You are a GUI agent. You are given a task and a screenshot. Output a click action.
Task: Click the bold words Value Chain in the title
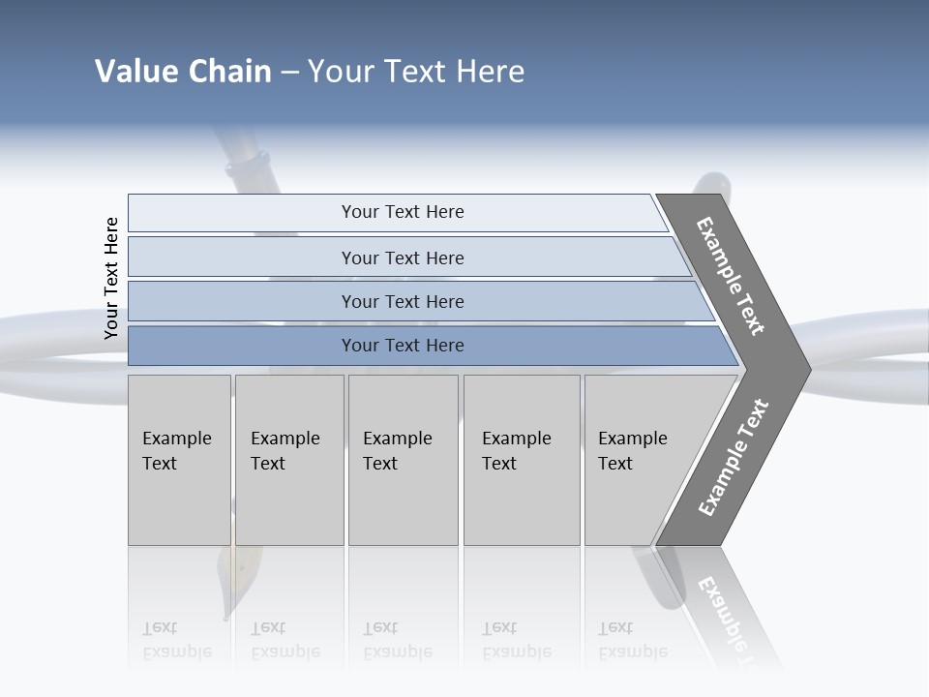click(183, 72)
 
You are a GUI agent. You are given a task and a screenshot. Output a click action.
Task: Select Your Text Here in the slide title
click(416, 72)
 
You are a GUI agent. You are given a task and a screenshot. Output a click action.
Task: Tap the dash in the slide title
click(289, 73)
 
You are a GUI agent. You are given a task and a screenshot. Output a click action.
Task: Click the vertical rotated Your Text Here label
click(111, 278)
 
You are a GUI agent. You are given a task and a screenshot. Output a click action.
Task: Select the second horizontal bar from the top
click(403, 258)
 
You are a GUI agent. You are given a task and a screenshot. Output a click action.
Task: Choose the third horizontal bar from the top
click(403, 301)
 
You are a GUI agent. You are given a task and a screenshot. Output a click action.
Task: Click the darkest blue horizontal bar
click(403, 346)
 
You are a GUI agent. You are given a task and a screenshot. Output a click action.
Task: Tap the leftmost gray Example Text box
click(179, 460)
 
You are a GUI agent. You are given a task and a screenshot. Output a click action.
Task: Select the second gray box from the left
click(289, 460)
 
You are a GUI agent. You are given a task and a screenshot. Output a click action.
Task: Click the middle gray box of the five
click(403, 460)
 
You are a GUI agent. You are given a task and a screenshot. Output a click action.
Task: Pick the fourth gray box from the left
click(522, 460)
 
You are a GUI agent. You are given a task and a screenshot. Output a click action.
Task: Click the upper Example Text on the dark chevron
click(731, 276)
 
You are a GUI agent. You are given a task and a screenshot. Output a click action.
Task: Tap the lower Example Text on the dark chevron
click(733, 458)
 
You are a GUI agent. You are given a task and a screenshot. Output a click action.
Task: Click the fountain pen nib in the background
click(228, 586)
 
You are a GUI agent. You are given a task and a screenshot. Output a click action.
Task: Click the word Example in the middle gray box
click(397, 439)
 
